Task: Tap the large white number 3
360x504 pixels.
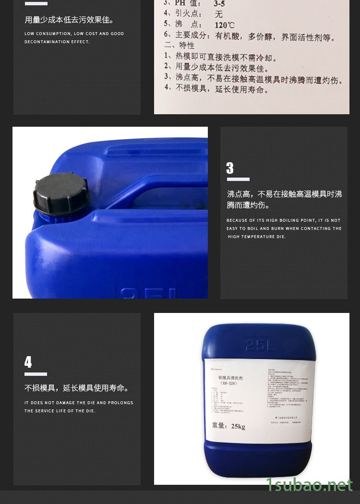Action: click(x=230, y=168)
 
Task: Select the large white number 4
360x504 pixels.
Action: click(x=28, y=362)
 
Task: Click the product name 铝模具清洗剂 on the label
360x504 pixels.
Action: click(x=228, y=378)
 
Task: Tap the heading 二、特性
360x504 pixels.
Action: click(x=179, y=46)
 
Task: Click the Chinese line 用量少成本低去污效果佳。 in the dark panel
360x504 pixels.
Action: click(x=69, y=20)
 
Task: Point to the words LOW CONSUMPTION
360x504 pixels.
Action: click(x=47, y=34)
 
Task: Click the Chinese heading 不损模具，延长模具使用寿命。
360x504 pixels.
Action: click(x=77, y=388)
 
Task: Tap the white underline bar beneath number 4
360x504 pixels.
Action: click(x=36, y=374)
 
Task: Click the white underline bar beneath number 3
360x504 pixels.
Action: click(x=238, y=180)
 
